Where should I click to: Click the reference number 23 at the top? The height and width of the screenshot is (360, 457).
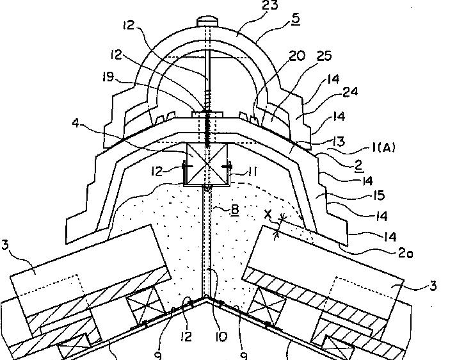270,4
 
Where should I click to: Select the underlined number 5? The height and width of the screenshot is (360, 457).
295,19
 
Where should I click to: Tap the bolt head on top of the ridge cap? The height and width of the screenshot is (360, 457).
207,21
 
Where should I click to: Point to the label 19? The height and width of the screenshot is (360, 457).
108,77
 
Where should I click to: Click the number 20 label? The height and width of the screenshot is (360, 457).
297,56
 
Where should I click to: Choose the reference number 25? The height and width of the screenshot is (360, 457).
323,56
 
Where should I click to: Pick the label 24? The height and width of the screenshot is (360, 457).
349,92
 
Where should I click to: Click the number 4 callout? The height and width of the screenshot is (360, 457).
75,123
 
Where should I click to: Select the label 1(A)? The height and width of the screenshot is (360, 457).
384,148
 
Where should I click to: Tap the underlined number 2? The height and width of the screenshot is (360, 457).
359,166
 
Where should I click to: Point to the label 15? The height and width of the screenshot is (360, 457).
379,195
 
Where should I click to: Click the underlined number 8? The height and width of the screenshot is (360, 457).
235,209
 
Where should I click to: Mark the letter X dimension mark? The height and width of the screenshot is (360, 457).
268,215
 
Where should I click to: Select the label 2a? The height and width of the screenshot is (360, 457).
406,253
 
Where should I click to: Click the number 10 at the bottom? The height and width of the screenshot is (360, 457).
221,337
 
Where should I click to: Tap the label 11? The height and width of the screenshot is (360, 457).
252,172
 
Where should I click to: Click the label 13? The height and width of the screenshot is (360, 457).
339,141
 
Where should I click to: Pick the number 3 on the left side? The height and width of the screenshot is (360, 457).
5,245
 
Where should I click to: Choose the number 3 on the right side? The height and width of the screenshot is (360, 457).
433,285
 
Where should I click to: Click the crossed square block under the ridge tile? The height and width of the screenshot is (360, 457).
207,164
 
